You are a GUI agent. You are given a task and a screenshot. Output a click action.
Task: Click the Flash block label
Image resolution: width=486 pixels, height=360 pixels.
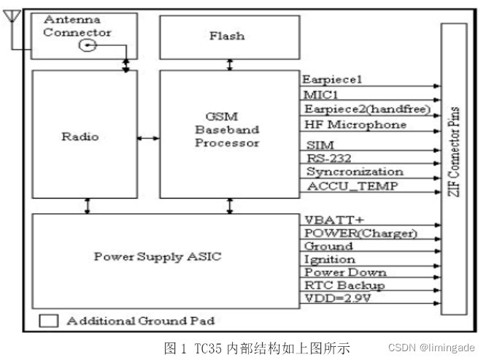(229, 36)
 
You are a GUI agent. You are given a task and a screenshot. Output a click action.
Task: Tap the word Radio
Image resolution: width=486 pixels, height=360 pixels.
(85, 137)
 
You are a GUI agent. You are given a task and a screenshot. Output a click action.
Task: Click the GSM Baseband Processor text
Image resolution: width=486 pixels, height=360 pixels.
(226, 130)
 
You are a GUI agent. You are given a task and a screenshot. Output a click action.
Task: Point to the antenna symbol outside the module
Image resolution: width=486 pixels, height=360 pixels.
(10, 18)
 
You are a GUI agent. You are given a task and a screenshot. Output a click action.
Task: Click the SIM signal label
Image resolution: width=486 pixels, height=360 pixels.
(315, 145)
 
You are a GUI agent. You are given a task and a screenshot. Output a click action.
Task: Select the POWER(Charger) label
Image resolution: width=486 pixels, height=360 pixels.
(360, 233)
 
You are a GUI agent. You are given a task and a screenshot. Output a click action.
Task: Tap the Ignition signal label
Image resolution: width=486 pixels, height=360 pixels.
(329, 259)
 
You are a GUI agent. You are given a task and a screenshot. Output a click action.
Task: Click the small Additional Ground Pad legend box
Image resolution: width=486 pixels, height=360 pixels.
(49, 320)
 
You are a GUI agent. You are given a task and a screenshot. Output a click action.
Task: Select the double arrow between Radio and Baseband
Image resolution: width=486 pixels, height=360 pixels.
(149, 137)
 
